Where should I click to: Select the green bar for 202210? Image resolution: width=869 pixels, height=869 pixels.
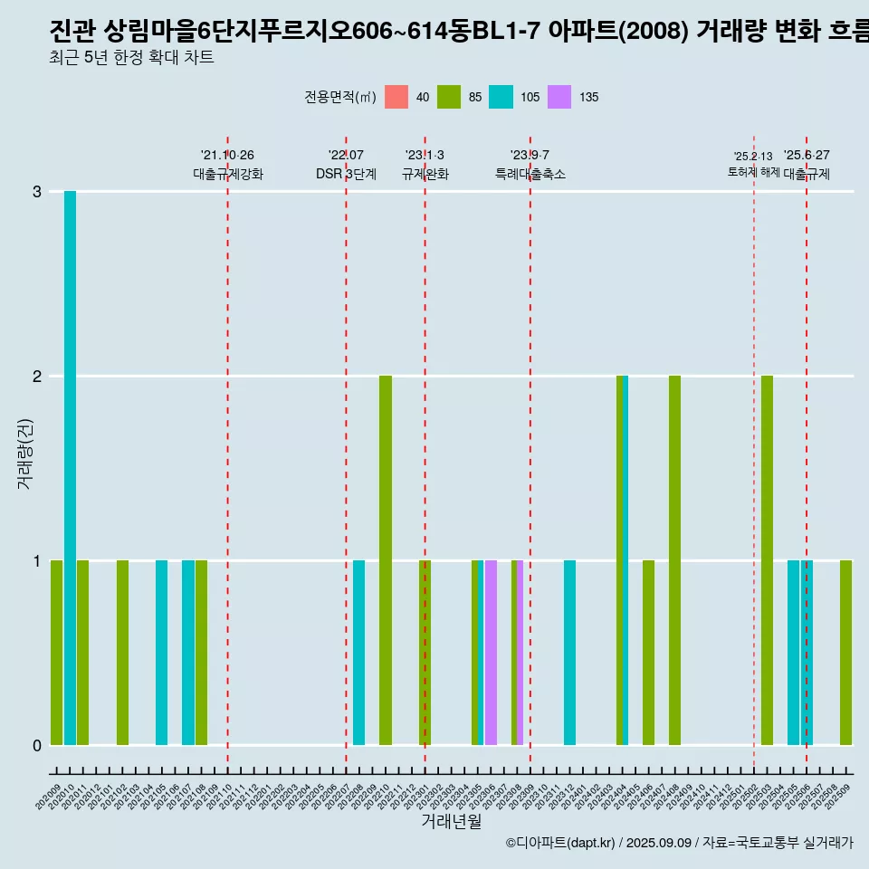tap(386, 560)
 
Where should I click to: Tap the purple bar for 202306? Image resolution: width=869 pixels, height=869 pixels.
tap(491, 653)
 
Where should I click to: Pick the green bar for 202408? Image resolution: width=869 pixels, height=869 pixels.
tap(674, 560)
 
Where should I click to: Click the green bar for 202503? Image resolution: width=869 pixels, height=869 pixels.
tap(767, 560)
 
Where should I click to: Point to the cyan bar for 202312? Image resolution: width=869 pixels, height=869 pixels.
tap(569, 653)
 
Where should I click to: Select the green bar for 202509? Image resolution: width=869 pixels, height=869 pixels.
tap(845, 653)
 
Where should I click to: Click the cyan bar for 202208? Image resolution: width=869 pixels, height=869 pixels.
tap(359, 653)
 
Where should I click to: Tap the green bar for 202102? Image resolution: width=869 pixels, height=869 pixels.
tap(122, 653)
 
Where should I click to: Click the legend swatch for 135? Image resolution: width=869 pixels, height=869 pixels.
tap(559, 97)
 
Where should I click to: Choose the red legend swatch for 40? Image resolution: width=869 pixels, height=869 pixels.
tap(396, 97)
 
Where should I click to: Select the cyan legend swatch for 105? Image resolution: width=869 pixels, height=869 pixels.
tap(501, 97)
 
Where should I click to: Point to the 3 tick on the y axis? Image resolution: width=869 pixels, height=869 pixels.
tap(37, 192)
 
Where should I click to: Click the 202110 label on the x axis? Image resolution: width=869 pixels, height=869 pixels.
tap(223, 793)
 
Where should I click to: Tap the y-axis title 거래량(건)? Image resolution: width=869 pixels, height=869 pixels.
tap(24, 453)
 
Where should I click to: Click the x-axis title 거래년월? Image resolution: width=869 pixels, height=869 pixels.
tap(451, 821)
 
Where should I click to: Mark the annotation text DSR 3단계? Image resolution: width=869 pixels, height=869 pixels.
tap(346, 175)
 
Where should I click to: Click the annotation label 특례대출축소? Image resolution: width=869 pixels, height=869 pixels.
tap(530, 175)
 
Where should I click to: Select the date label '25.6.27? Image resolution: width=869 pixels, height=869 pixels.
tap(807, 156)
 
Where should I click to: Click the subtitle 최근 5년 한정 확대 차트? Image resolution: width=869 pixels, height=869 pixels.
tap(131, 59)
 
